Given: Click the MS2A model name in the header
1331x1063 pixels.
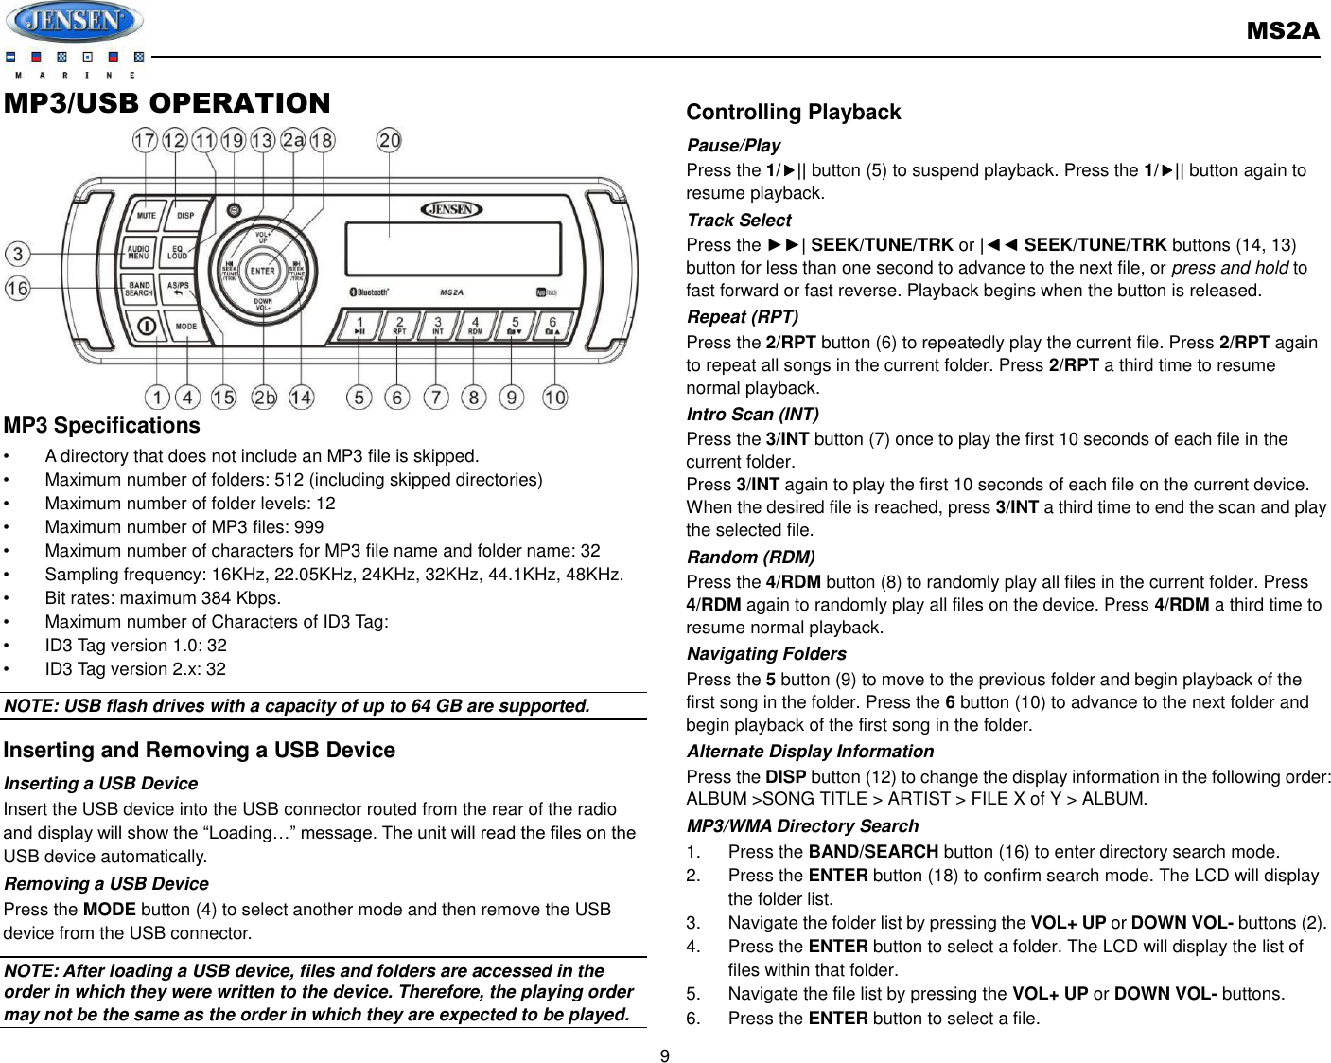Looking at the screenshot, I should (1282, 31).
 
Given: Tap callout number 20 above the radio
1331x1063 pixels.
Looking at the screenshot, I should (389, 140).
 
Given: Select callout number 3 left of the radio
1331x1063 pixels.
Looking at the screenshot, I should (17, 254).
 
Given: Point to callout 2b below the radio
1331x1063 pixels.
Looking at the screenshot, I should (264, 398).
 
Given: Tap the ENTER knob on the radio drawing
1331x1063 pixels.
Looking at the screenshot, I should (262, 271).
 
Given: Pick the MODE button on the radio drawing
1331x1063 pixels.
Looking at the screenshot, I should (186, 327).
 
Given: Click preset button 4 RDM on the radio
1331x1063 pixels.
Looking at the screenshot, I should (475, 326).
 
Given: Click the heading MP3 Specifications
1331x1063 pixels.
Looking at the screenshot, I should (102, 425).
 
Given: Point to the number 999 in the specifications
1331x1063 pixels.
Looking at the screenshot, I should (308, 527).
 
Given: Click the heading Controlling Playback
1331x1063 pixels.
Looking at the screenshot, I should (793, 112).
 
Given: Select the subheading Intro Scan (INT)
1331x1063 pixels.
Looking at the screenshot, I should (752, 414).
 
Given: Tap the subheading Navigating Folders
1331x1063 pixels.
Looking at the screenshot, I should (766, 654).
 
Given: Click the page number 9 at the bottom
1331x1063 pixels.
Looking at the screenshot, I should (665, 1056).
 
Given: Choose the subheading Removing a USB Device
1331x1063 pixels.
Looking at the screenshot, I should (106, 883).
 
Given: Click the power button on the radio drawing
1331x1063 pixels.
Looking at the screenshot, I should (148, 328).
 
